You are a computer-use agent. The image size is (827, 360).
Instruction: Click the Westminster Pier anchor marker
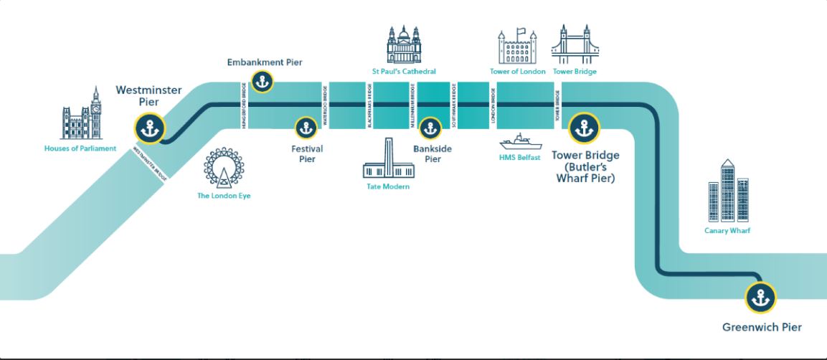(150, 129)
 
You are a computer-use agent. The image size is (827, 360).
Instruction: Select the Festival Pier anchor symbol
(306, 128)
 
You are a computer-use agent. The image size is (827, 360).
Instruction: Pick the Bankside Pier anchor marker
(430, 128)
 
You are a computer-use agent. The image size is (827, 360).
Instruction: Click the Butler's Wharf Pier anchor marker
(584, 129)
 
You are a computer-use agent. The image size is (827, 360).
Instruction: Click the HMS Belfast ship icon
(521, 141)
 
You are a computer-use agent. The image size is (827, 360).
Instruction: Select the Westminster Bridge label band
(151, 164)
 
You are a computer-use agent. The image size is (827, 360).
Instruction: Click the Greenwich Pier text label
(761, 328)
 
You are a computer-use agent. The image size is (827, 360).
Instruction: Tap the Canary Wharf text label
(727, 231)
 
